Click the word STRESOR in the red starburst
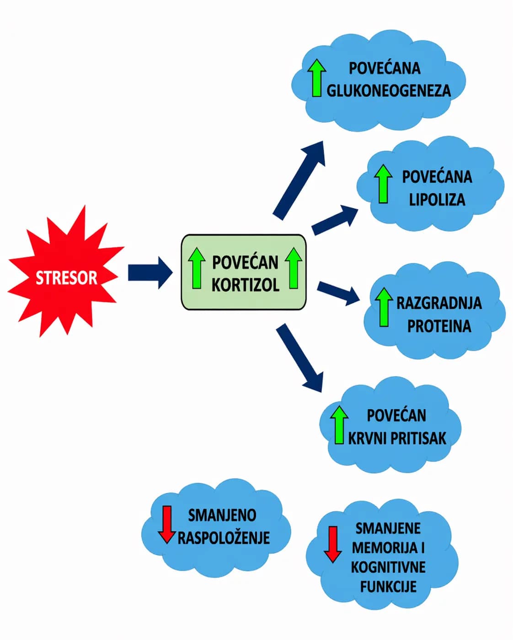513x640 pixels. pos(66,278)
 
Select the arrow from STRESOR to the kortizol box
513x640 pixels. pos(149,273)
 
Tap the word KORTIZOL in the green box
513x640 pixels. pos(245,285)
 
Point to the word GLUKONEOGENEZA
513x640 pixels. pos(388,90)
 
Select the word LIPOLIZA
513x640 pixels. pos(437,199)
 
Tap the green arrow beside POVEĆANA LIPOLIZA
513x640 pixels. pos(383,184)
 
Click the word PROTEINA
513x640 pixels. pos(439,326)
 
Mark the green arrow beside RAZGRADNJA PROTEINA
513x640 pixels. pos(384,307)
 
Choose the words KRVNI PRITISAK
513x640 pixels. pos(397,438)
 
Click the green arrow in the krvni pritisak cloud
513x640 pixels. pos(339,425)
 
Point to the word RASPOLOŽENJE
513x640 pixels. pos(224,538)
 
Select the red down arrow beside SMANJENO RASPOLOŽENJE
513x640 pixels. pos(167,524)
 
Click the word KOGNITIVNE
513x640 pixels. pos(388,567)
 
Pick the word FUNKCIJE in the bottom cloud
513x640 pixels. pos(388,587)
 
